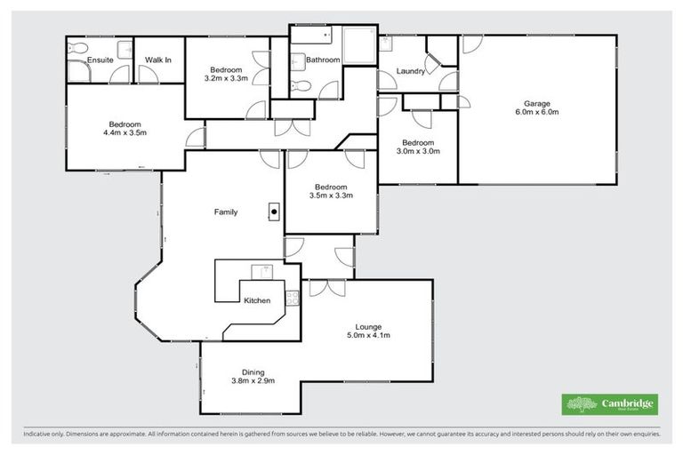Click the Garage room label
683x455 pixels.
click(x=536, y=102)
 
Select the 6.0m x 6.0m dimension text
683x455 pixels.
click(x=536, y=113)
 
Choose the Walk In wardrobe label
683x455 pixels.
click(x=158, y=60)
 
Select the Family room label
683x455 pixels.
click(x=225, y=212)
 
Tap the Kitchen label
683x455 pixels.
click(x=257, y=300)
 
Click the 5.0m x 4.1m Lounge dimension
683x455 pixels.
click(x=368, y=335)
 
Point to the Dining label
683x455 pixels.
click(x=253, y=372)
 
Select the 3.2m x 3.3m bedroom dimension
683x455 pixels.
click(x=225, y=78)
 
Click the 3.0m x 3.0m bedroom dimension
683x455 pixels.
click(x=417, y=152)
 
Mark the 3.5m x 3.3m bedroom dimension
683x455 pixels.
click(x=330, y=196)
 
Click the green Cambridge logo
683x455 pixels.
click(x=609, y=404)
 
